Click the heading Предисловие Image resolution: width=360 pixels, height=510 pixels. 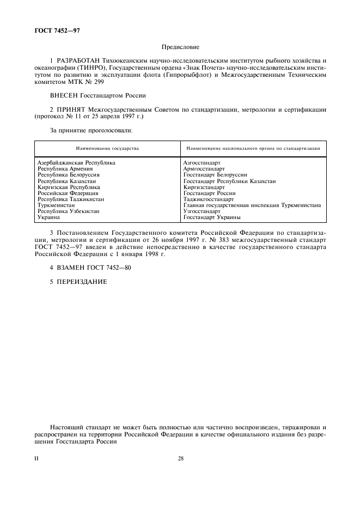[180, 47]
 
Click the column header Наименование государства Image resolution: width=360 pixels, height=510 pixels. [107, 148]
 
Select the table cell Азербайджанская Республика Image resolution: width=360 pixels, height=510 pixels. [76, 162]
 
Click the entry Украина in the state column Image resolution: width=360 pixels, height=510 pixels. [48, 217]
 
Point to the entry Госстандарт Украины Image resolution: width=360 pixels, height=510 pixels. [212, 217]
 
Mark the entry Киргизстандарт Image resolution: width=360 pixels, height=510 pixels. [204, 187]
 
